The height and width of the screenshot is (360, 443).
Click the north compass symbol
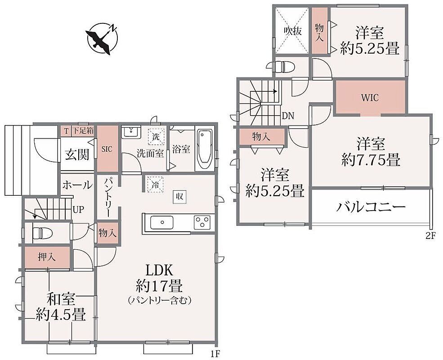point(102,39)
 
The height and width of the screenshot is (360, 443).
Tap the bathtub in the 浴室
point(205,149)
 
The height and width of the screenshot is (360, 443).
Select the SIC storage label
point(107,149)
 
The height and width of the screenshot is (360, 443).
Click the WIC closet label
point(370,98)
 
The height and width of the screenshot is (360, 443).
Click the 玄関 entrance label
point(77,154)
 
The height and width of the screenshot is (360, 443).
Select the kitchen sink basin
point(161,223)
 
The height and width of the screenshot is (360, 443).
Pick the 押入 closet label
point(47,257)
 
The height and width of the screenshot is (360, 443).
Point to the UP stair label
point(78,210)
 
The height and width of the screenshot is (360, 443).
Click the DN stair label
point(288,116)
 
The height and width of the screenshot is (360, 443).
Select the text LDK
point(159,271)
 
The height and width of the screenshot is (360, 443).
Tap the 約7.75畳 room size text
point(371,161)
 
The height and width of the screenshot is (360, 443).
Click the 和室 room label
point(61,299)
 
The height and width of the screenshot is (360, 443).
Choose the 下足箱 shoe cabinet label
point(83,131)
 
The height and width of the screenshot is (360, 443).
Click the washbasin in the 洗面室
point(131,132)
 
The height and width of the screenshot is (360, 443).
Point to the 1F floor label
point(215,354)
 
